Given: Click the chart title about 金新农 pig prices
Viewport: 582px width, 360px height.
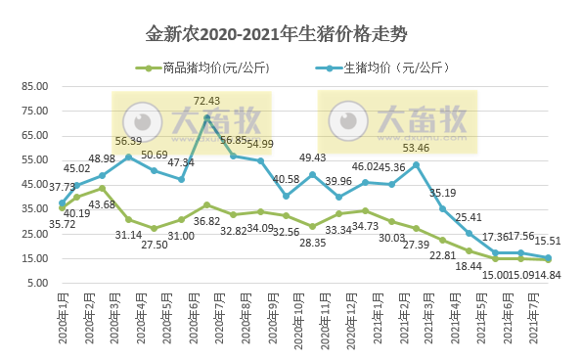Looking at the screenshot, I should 291,34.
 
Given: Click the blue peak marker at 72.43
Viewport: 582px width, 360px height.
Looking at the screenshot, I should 206,117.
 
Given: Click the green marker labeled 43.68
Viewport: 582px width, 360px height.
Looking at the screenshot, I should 102,188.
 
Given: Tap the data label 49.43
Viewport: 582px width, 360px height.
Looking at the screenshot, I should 313,157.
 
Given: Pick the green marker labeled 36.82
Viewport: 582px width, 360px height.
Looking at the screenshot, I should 206,205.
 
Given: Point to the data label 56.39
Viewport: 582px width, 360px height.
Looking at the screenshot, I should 128,141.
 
